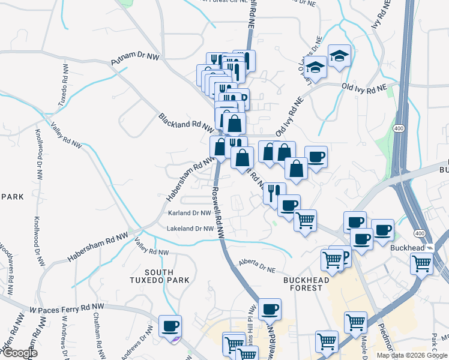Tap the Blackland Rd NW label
click(186, 122)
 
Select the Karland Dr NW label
click(189, 213)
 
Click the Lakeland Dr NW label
click(190, 229)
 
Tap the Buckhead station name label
click(407, 247)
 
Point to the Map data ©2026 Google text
click(412, 355)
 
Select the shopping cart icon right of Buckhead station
click(422, 262)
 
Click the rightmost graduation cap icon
click(340, 56)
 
